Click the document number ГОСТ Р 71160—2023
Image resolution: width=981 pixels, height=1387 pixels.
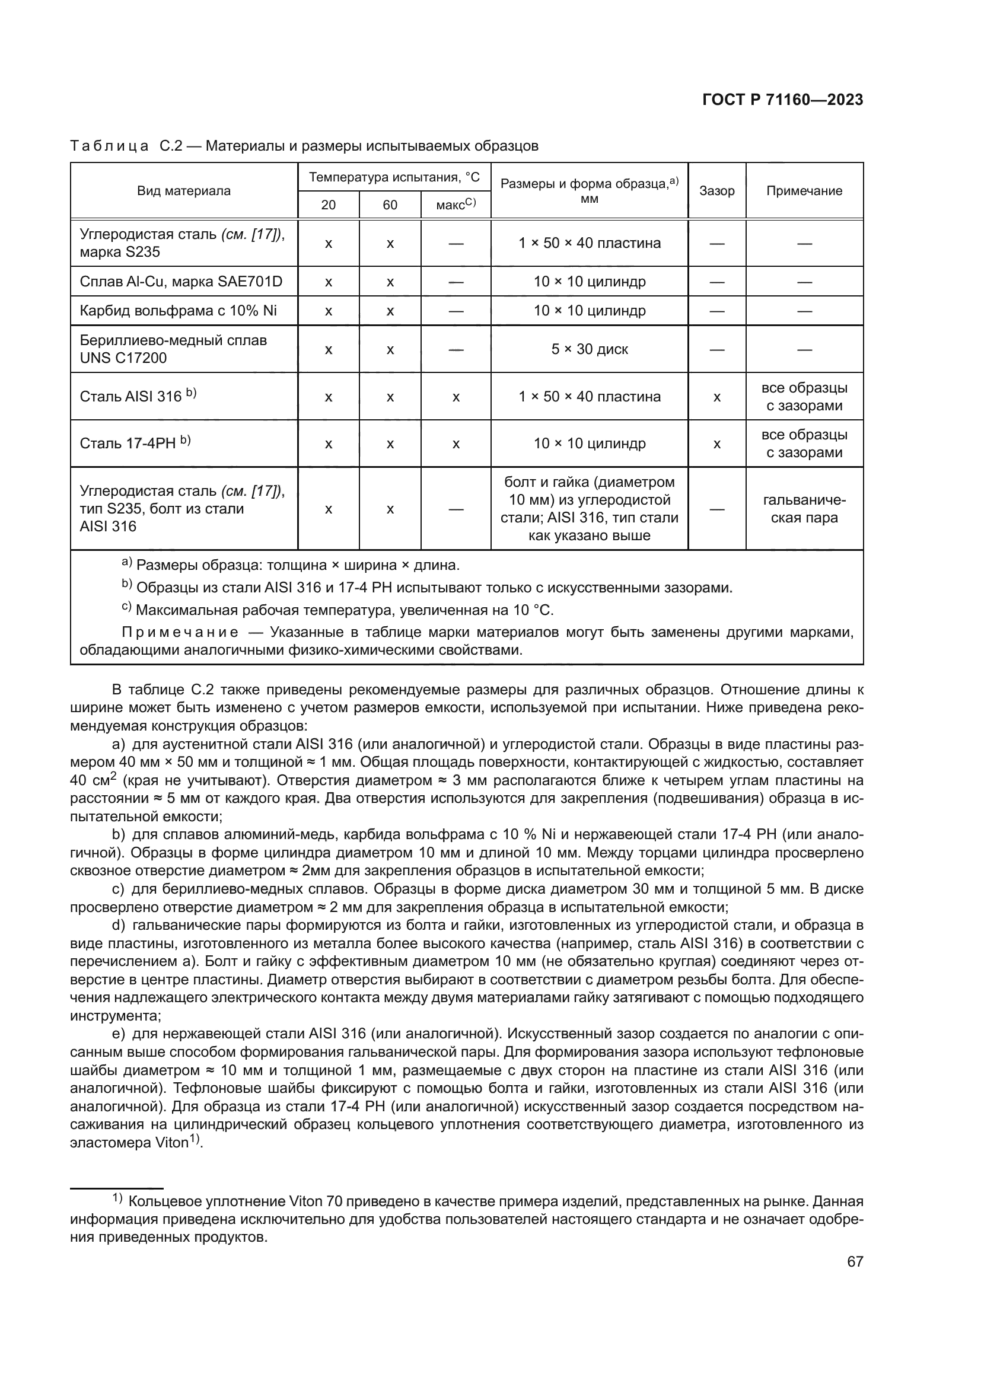pos(782,100)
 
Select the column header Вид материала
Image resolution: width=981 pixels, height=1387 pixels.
pos(184,191)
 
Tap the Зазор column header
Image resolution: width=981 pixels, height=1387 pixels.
pos(716,191)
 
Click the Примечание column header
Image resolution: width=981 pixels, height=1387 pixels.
pos(804,191)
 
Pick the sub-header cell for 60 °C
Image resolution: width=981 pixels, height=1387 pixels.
pos(390,205)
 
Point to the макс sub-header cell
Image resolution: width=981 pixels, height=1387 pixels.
pos(456,205)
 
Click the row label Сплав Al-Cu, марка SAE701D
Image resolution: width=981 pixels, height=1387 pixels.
pos(181,282)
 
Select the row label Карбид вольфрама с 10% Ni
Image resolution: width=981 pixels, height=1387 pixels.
pos(178,311)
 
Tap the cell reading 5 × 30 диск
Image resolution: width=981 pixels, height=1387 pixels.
pos(589,349)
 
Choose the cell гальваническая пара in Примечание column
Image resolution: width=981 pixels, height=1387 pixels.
pos(804,509)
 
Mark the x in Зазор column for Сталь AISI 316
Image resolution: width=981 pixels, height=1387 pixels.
pos(716,397)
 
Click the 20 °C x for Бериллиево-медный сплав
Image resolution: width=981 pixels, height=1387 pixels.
pos(328,349)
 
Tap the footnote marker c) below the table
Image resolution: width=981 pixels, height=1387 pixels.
pos(126,608)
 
